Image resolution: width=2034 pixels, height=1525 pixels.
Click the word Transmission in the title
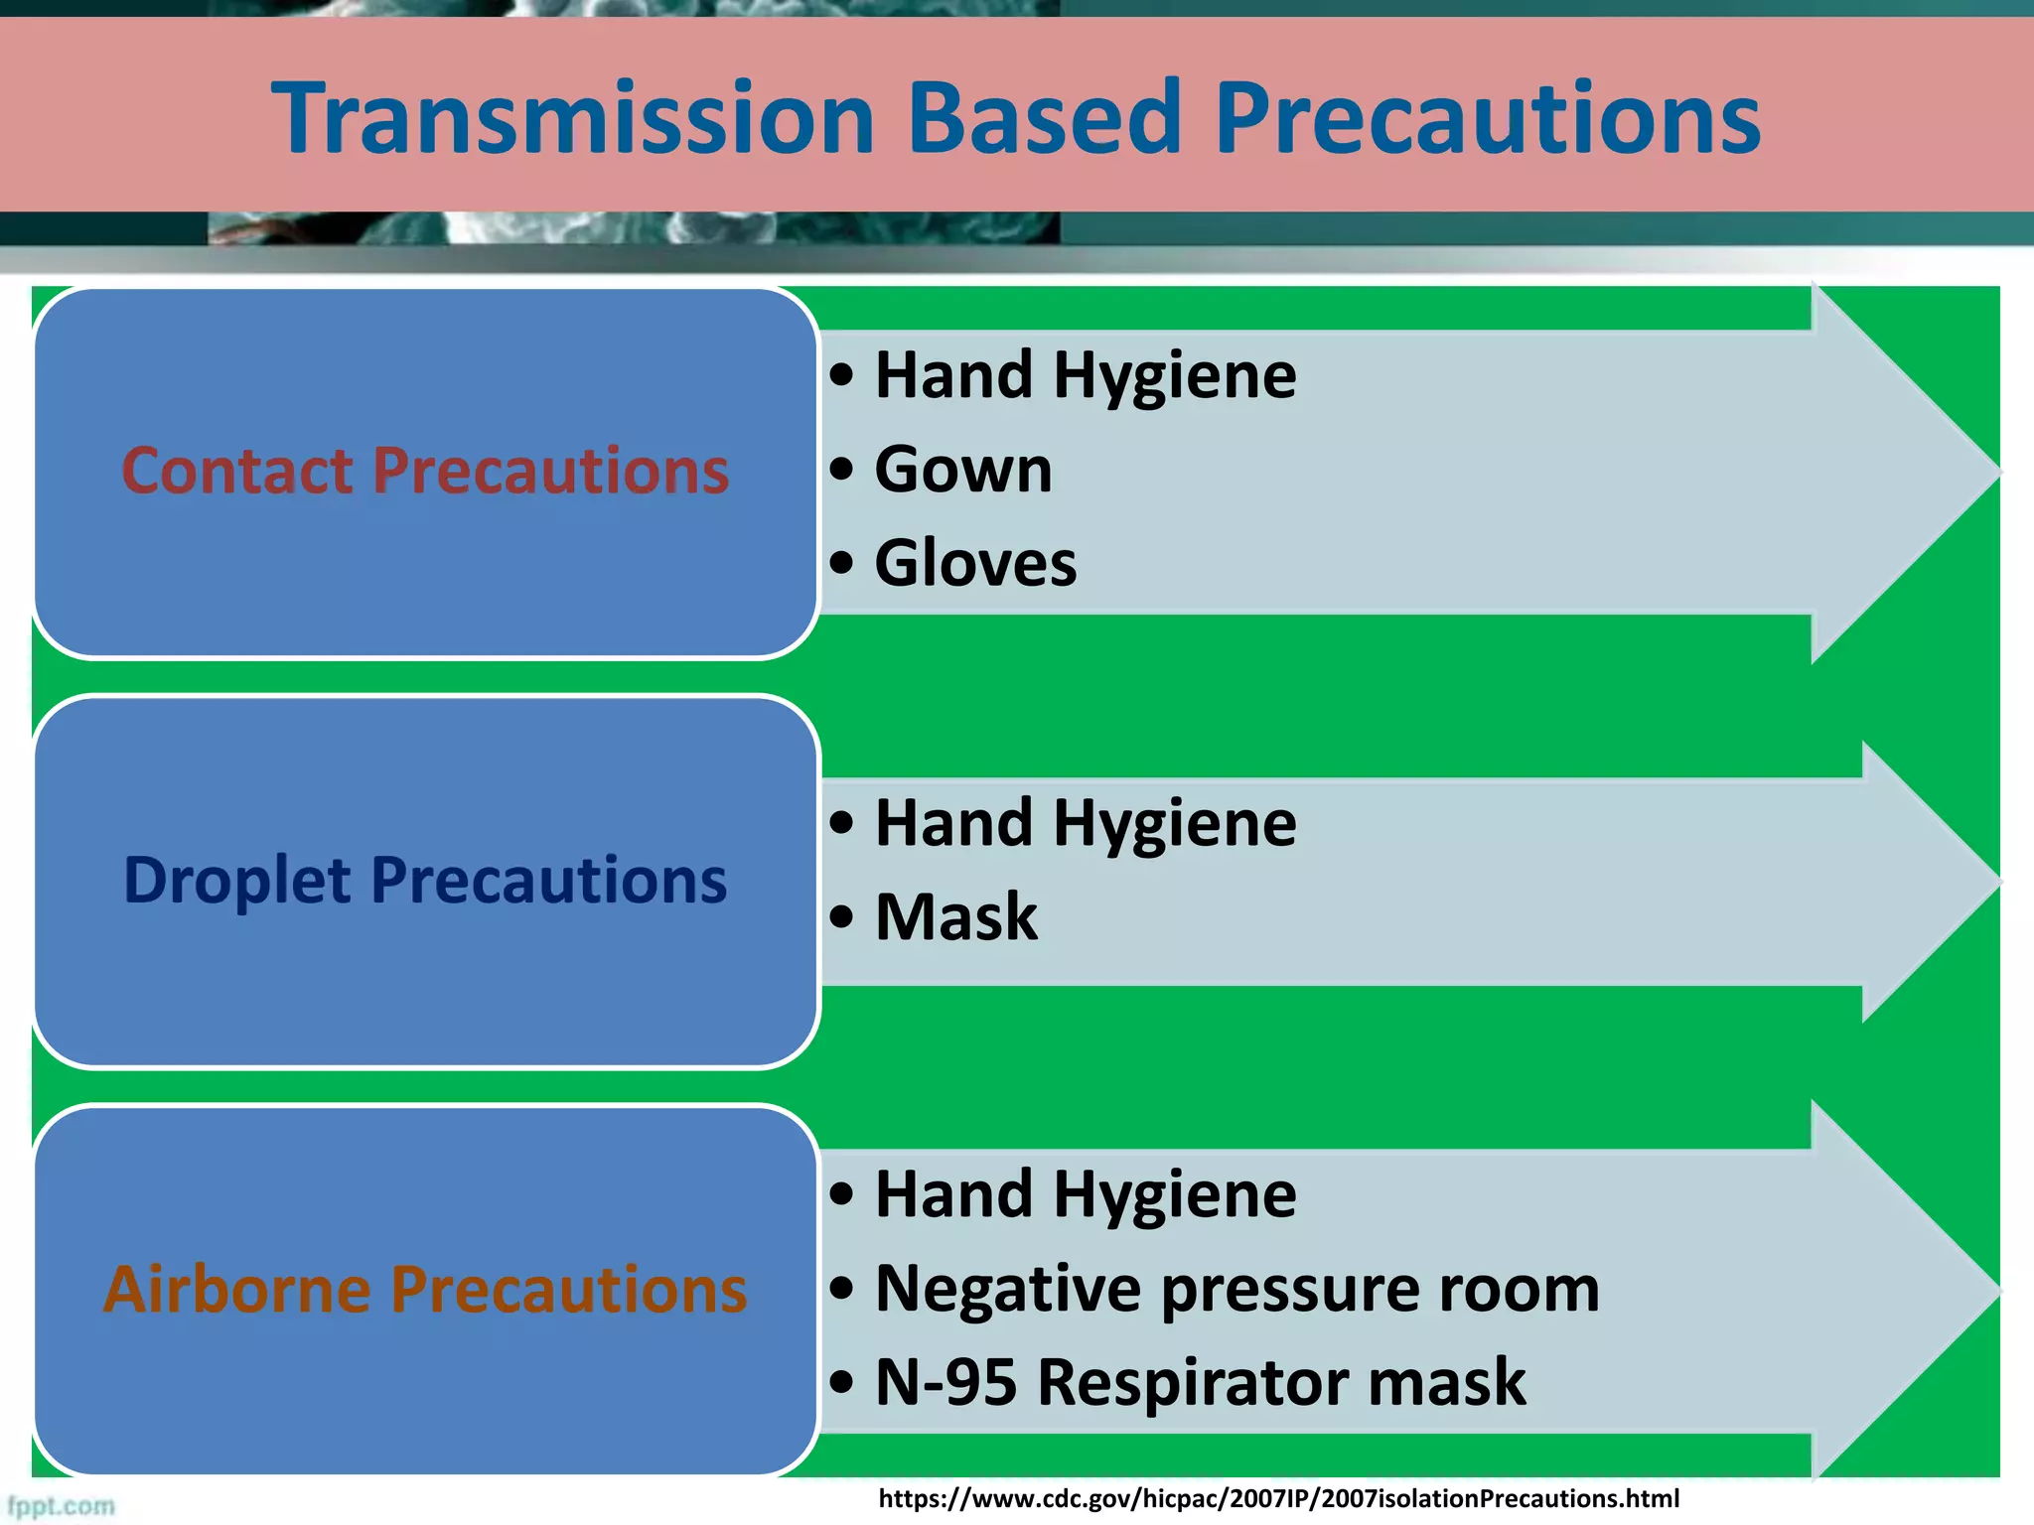(x=572, y=119)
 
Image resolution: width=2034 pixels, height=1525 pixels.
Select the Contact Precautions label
(x=425, y=471)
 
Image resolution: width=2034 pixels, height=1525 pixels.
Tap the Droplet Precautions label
(x=425, y=881)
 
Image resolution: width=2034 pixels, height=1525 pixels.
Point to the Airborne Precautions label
(x=425, y=1290)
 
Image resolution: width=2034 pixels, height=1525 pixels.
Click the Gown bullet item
(x=961, y=470)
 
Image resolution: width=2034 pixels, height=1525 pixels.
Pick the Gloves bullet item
(x=974, y=563)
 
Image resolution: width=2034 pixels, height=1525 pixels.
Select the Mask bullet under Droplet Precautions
(x=955, y=916)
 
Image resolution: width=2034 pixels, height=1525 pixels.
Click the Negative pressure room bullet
(x=1235, y=1289)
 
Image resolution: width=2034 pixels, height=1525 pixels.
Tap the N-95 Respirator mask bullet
(x=1199, y=1382)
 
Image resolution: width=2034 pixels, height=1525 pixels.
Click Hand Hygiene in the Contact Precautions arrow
(x=1085, y=376)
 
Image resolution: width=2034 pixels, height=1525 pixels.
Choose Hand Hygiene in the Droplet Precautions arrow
(x=1085, y=824)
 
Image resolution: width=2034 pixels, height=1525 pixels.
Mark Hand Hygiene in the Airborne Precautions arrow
(x=1085, y=1194)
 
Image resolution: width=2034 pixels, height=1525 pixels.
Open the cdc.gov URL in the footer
(x=1278, y=1498)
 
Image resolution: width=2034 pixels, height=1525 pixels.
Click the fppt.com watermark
(x=61, y=1506)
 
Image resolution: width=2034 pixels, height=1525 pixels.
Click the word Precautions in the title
(x=1487, y=119)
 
